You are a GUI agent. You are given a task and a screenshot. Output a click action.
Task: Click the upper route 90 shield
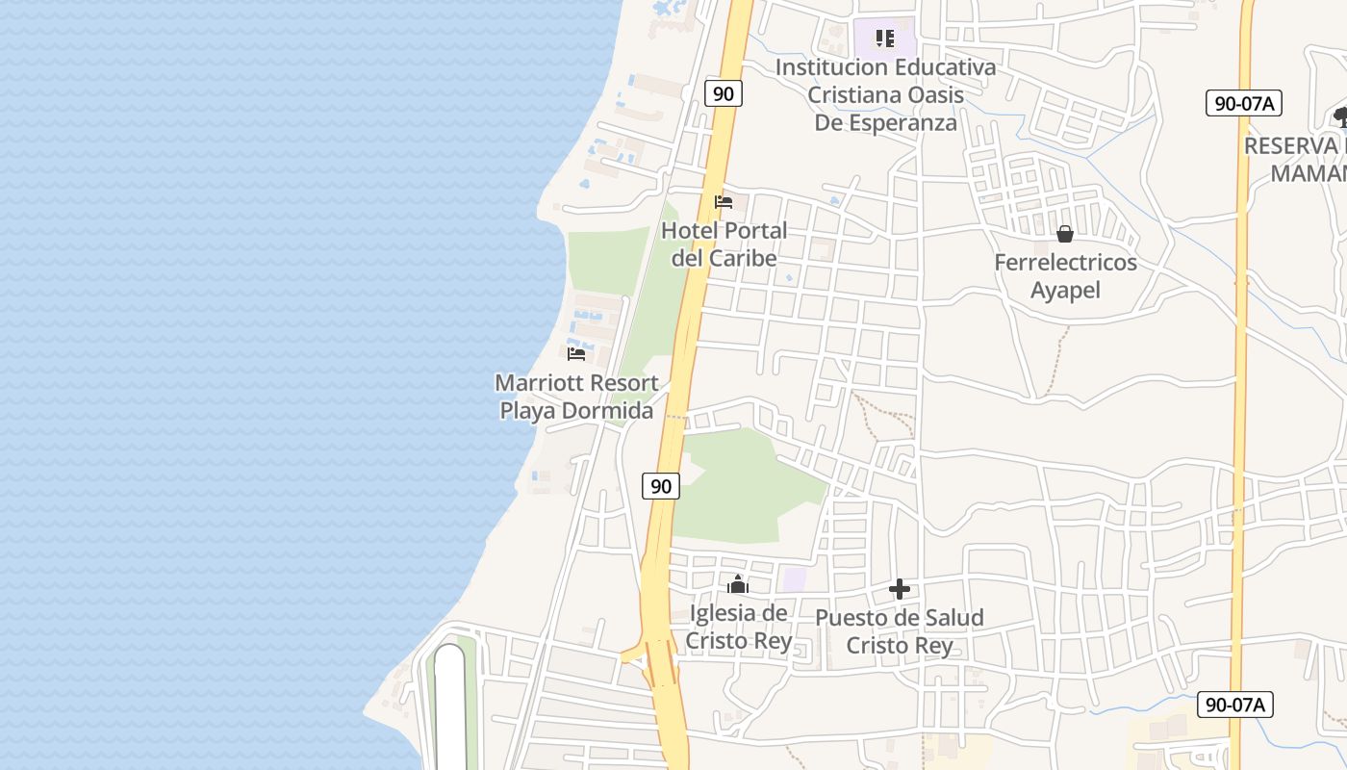click(x=724, y=93)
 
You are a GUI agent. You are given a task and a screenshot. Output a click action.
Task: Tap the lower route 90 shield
click(x=661, y=486)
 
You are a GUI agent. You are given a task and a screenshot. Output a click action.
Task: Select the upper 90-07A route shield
click(x=1243, y=103)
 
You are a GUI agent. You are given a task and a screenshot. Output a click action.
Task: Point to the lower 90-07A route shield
click(x=1235, y=705)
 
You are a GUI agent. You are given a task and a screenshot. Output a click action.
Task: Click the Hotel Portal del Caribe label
click(x=724, y=244)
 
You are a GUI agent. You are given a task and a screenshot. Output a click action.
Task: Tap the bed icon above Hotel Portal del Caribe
click(x=724, y=202)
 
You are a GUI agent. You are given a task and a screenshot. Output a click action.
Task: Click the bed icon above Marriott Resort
click(x=576, y=353)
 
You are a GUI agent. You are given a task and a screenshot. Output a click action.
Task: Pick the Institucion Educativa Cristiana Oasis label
click(x=885, y=95)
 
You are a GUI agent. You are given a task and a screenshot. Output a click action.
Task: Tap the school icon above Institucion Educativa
click(x=885, y=39)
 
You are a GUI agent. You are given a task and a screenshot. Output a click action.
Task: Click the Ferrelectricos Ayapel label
click(x=1065, y=276)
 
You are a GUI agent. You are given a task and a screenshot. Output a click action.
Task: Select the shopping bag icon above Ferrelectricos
click(x=1065, y=234)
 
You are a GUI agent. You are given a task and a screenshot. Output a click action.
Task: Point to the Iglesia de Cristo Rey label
click(x=738, y=627)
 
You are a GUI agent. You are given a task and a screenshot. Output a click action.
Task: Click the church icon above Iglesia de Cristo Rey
click(x=738, y=584)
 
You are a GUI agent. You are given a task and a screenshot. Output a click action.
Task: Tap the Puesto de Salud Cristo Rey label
click(x=900, y=631)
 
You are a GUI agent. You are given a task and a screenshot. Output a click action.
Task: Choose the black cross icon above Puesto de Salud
click(x=900, y=589)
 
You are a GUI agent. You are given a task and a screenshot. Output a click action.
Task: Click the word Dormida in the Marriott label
click(x=607, y=411)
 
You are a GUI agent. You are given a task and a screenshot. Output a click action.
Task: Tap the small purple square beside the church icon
click(x=794, y=579)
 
